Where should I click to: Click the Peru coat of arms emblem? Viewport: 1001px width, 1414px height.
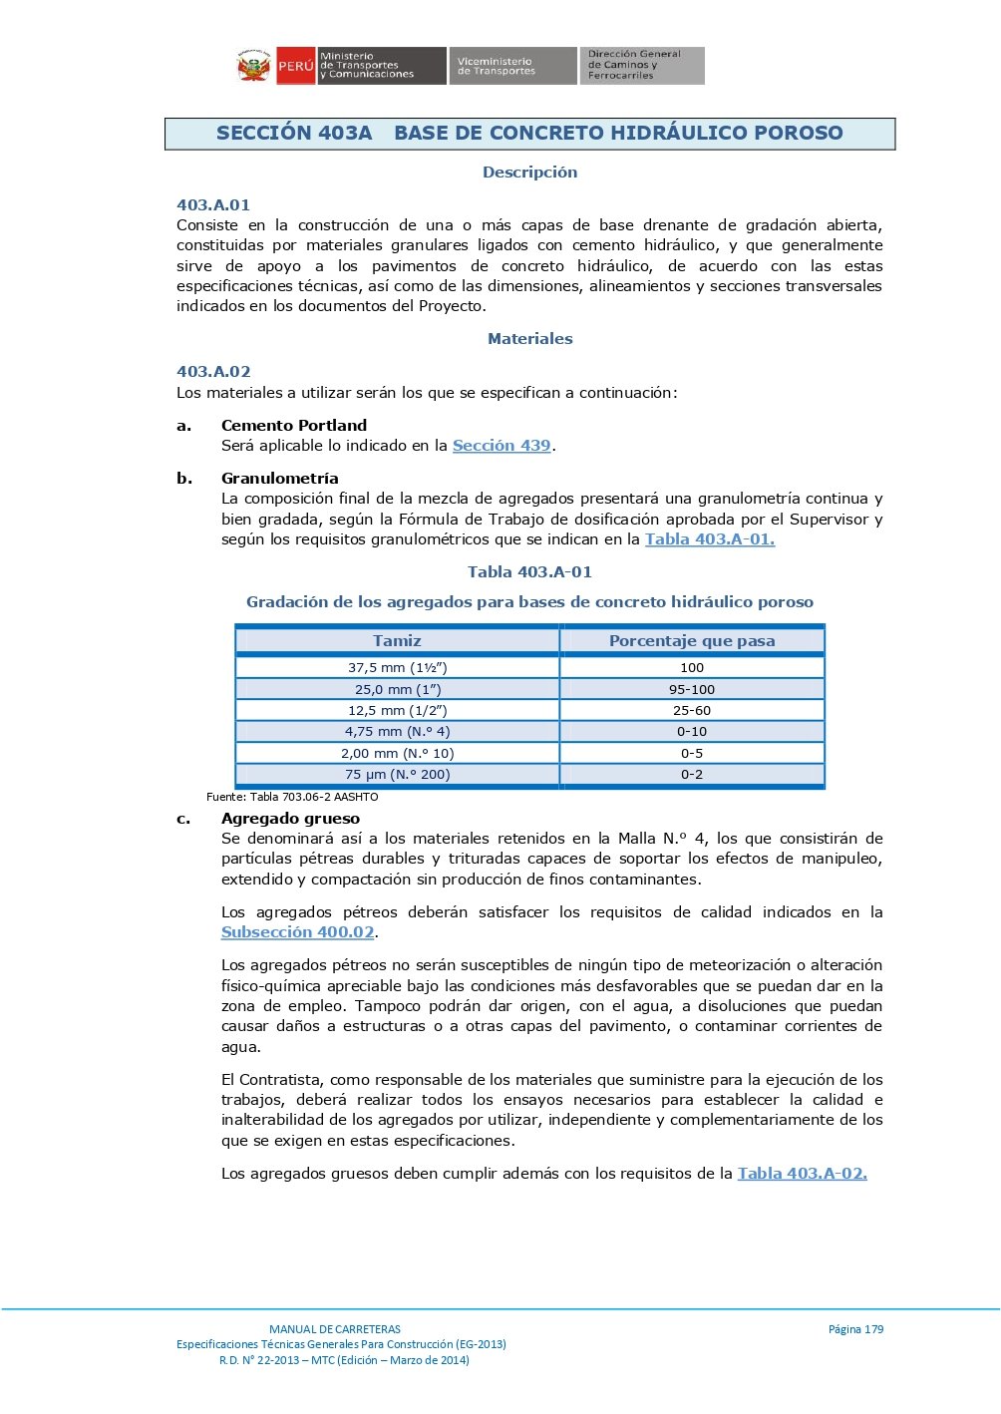254,66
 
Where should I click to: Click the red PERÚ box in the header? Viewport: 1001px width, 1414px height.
296,66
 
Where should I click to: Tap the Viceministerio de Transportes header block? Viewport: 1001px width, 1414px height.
511,66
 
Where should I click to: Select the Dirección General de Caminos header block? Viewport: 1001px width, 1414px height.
642,66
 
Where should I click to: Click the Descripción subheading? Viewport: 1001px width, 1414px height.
529,173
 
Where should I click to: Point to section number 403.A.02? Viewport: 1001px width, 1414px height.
213,372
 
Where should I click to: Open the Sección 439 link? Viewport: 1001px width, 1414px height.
501,446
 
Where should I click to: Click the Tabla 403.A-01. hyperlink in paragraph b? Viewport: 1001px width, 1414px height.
709,539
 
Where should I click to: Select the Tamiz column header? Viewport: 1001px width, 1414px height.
397,641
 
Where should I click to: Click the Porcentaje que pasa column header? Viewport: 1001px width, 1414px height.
692,641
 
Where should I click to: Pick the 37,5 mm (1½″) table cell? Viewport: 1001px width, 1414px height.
397,668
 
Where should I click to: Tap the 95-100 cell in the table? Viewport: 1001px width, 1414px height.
692,690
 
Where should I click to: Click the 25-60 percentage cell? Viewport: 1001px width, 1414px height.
692,711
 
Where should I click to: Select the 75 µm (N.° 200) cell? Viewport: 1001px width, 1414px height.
397,775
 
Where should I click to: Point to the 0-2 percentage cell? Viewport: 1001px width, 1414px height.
692,775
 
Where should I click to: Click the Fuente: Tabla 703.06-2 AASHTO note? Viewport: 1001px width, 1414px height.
292,797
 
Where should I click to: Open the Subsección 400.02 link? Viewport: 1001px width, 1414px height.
298,932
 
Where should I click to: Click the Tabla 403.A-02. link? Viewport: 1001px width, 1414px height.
802,1174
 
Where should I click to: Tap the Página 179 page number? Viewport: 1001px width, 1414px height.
855,1329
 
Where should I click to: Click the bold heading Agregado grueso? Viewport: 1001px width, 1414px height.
290,819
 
